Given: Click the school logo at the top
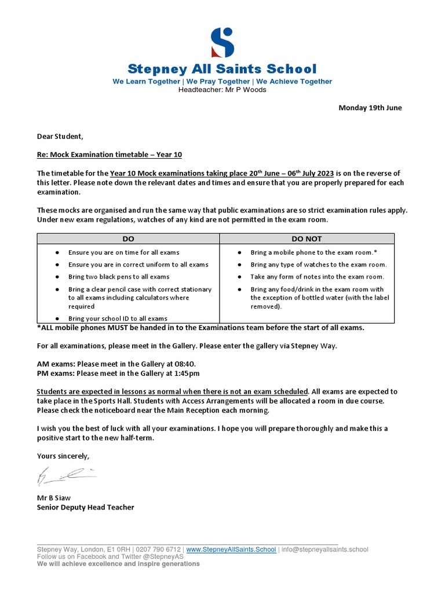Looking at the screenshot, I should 222,42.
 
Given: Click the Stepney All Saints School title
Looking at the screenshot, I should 222,69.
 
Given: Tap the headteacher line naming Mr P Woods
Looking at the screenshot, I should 222,90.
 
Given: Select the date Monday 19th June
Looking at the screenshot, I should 370,108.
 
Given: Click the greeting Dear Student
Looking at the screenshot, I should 60,137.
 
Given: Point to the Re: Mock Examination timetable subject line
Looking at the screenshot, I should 110,155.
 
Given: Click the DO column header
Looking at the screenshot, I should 128,239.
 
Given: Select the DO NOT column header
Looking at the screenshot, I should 307,239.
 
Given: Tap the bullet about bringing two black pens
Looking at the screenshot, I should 119,277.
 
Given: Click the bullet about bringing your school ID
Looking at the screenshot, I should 118,319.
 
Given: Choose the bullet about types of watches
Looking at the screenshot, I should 318,265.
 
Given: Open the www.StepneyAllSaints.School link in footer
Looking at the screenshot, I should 231,550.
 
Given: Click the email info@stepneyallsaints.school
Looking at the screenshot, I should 324,550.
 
